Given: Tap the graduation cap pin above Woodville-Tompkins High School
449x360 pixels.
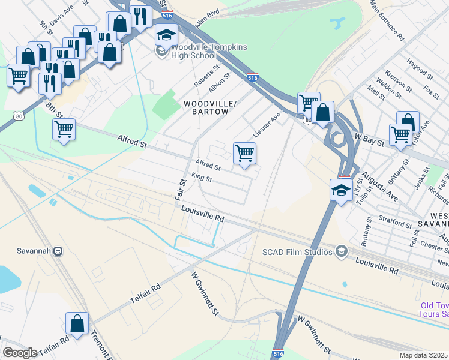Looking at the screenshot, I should coord(166,35).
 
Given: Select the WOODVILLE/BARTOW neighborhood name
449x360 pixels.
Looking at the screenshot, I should coord(206,107).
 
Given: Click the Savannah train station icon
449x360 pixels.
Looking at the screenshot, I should coord(58,251).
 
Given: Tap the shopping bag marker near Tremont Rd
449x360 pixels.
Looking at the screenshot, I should coord(77,324).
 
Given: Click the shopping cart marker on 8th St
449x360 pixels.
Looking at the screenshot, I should coord(64,128).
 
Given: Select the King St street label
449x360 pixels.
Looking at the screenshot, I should coord(202,179).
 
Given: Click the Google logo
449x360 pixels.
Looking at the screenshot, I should coord(20,353).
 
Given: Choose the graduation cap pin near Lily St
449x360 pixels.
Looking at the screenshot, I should coord(341,191).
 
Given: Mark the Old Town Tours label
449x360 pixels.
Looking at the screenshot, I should coord(433,309).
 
